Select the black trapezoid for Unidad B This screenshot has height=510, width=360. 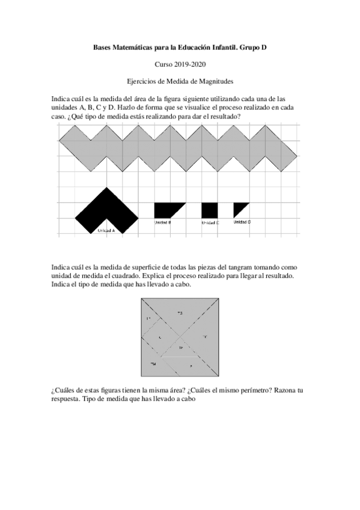(x=166, y=210)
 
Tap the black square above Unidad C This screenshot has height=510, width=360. (x=209, y=210)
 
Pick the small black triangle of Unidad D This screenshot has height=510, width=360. (x=239, y=208)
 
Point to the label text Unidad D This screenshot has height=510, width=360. (x=242, y=222)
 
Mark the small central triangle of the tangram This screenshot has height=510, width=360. (x=180, y=348)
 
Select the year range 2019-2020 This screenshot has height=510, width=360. (x=191, y=63)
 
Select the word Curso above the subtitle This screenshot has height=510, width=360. (x=163, y=63)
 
